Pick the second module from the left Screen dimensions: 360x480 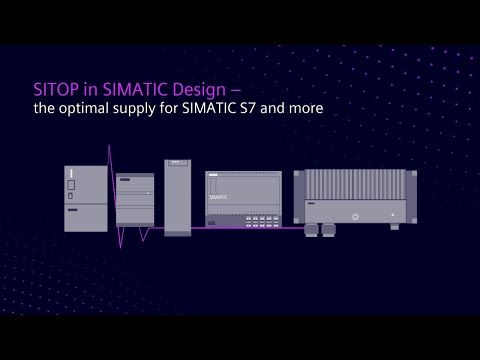coord(134,200)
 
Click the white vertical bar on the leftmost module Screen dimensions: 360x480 coord(72,177)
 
